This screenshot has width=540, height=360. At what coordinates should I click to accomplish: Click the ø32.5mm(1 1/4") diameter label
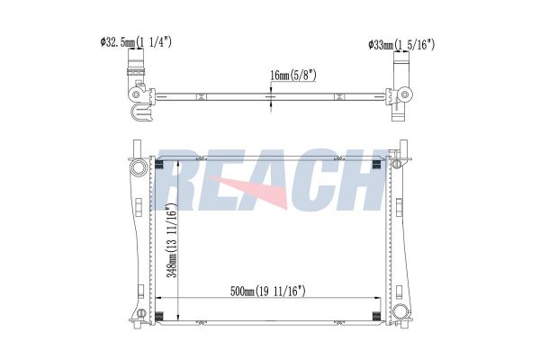136,42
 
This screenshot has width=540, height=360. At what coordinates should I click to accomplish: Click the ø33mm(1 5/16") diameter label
401,45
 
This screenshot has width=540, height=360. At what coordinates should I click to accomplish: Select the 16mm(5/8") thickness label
293,75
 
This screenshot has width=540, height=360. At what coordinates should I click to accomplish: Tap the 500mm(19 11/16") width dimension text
267,292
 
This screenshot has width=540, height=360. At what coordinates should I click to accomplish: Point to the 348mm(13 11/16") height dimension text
172,240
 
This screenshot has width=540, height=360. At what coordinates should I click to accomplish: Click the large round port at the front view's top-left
139,167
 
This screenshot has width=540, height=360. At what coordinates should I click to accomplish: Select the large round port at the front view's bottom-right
400,311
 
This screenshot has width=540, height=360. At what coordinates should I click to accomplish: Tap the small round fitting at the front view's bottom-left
141,313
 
